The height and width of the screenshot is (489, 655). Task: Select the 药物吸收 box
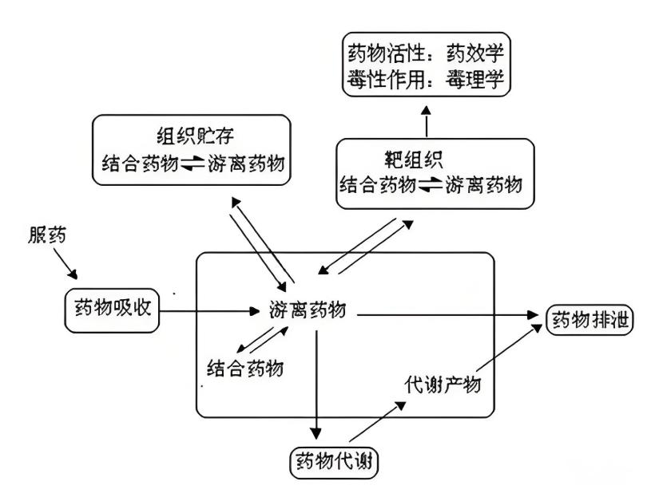click(113, 310)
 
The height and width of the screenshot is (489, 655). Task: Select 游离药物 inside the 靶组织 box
click(483, 185)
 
